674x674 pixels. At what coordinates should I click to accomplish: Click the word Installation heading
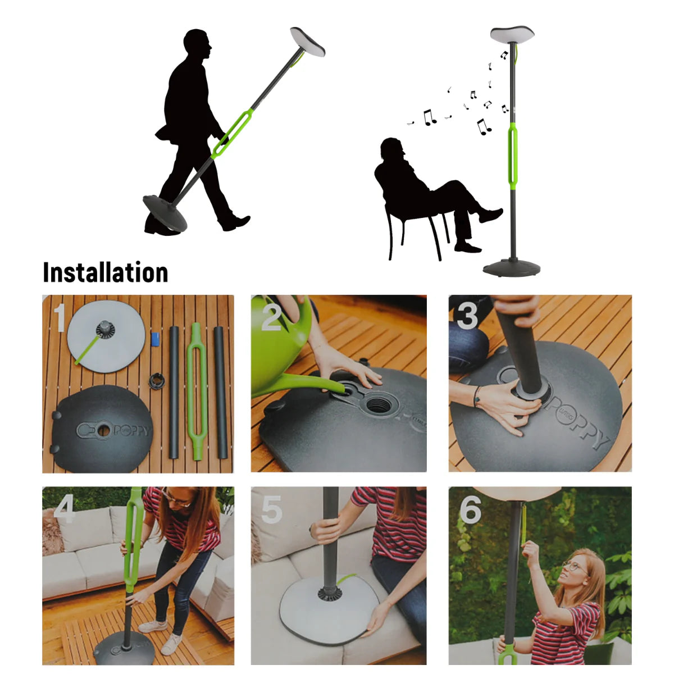pos(106,273)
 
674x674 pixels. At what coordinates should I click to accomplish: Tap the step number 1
pos(60,317)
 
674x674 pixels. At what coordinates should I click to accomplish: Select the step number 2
pos(271,317)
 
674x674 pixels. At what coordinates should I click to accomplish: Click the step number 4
pos(65,509)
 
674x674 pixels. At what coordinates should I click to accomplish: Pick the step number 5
pos(272,509)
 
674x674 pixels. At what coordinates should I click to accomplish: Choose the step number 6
pos(470,509)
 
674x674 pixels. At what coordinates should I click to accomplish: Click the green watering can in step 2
pos(281,354)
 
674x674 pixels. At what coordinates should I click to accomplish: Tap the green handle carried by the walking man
pos(232,135)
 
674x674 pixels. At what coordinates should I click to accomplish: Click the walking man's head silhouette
pos(197,44)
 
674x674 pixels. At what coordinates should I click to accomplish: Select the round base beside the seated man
pos(511,268)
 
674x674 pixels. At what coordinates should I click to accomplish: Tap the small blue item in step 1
pos(156,339)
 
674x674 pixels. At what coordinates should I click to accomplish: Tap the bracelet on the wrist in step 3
pos(477,395)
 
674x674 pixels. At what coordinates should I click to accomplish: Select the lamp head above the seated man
pos(512,35)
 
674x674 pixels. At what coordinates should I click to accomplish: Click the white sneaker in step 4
pos(152,626)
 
